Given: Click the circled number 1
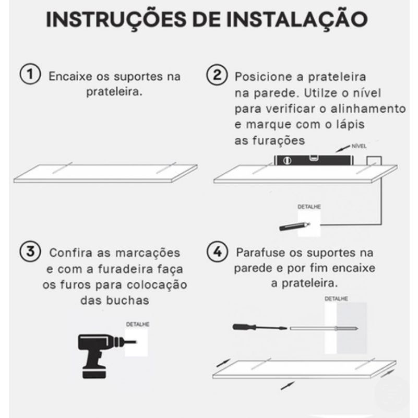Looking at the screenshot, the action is pyautogui.click(x=30, y=74).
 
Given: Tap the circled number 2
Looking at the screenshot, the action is pyautogui.click(x=217, y=75).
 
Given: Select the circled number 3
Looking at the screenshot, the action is pyautogui.click(x=30, y=252).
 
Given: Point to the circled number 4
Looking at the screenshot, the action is pyautogui.click(x=217, y=252).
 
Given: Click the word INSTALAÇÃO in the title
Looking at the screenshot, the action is pyautogui.click(x=297, y=19).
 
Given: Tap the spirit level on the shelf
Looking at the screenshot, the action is pyautogui.click(x=314, y=160).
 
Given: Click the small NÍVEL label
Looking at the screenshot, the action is pyautogui.click(x=359, y=146).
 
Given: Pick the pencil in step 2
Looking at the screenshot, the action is pyautogui.click(x=294, y=226).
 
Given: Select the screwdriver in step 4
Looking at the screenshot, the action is pyautogui.click(x=260, y=327).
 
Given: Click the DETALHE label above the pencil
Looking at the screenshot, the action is pyautogui.click(x=309, y=207).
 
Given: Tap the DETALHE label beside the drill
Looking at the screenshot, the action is pyautogui.click(x=138, y=324).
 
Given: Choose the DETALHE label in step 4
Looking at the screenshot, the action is pyautogui.click(x=336, y=299).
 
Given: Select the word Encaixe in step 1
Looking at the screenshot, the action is pyautogui.click(x=70, y=76).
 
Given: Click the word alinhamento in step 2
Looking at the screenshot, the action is pyautogui.click(x=368, y=109).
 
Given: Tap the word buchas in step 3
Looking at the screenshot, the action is pyautogui.click(x=127, y=301).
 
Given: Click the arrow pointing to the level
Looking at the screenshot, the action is pyautogui.click(x=343, y=149).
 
